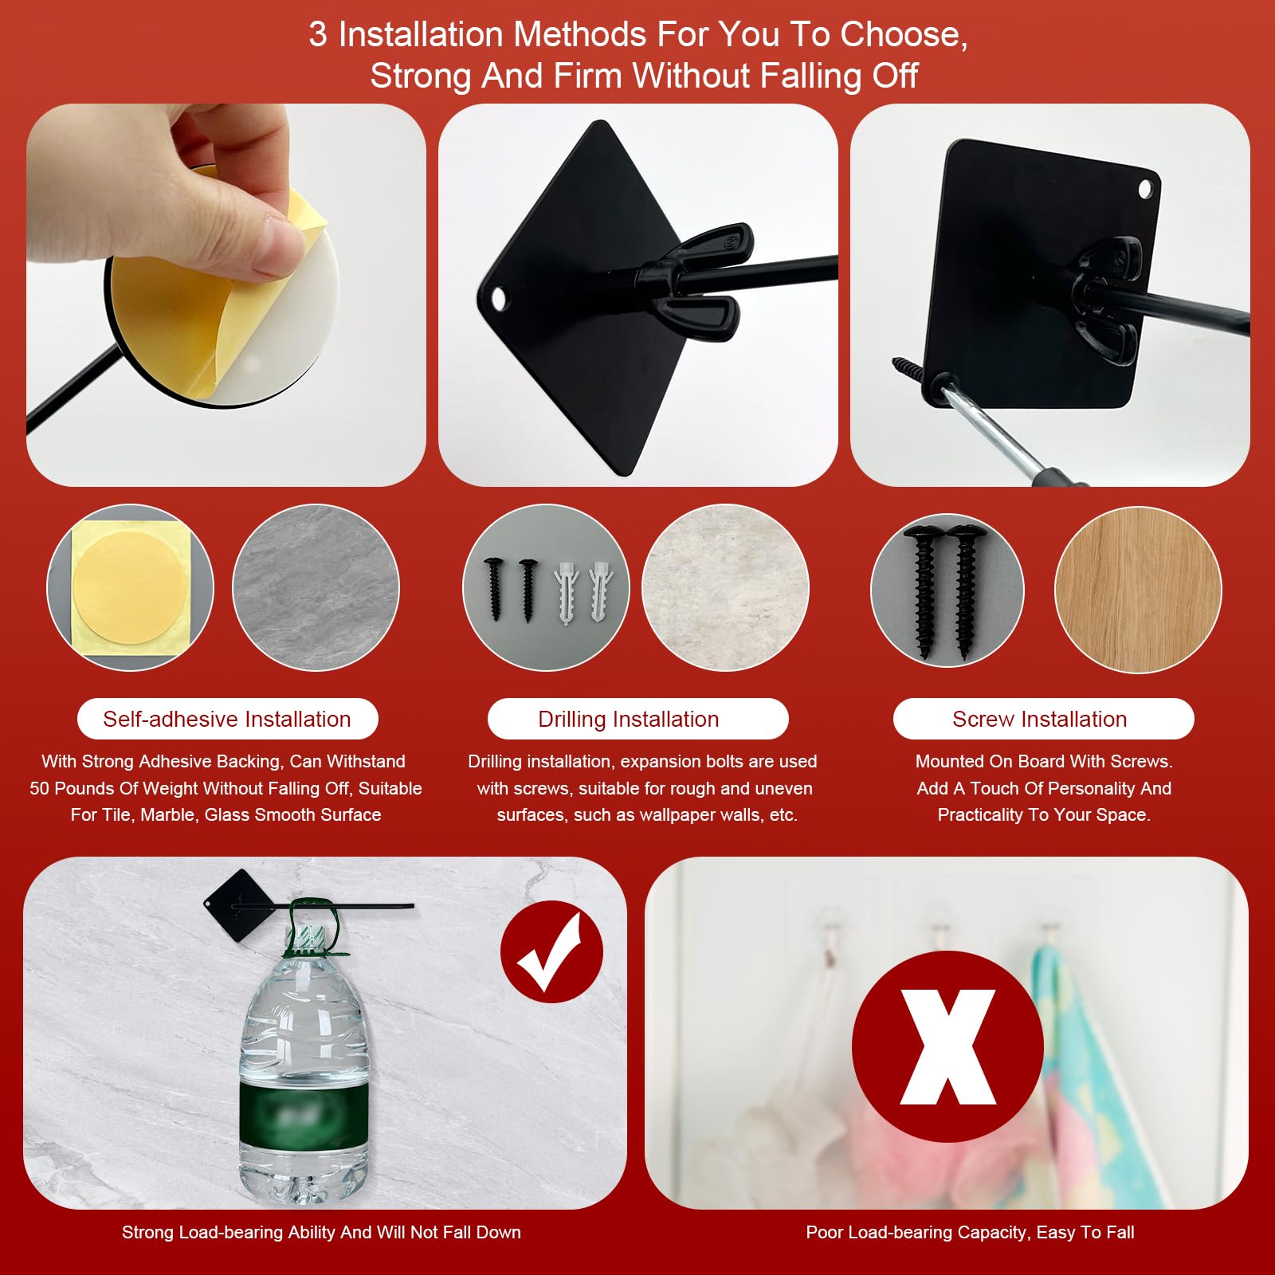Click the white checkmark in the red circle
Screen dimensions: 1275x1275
point(550,951)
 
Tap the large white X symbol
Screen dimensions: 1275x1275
point(948,1047)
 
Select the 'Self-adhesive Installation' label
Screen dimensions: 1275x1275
point(227,719)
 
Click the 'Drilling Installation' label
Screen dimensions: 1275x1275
point(629,719)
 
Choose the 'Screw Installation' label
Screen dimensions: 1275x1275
point(1040,719)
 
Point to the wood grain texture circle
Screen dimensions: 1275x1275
point(1138,590)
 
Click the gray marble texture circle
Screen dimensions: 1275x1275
point(316,587)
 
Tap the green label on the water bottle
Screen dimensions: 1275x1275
point(303,1112)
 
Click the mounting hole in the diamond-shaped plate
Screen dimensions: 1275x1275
point(499,299)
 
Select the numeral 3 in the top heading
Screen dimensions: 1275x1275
point(318,34)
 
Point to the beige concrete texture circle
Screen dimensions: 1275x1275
point(725,587)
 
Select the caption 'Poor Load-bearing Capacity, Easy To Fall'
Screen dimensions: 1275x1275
point(970,1232)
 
